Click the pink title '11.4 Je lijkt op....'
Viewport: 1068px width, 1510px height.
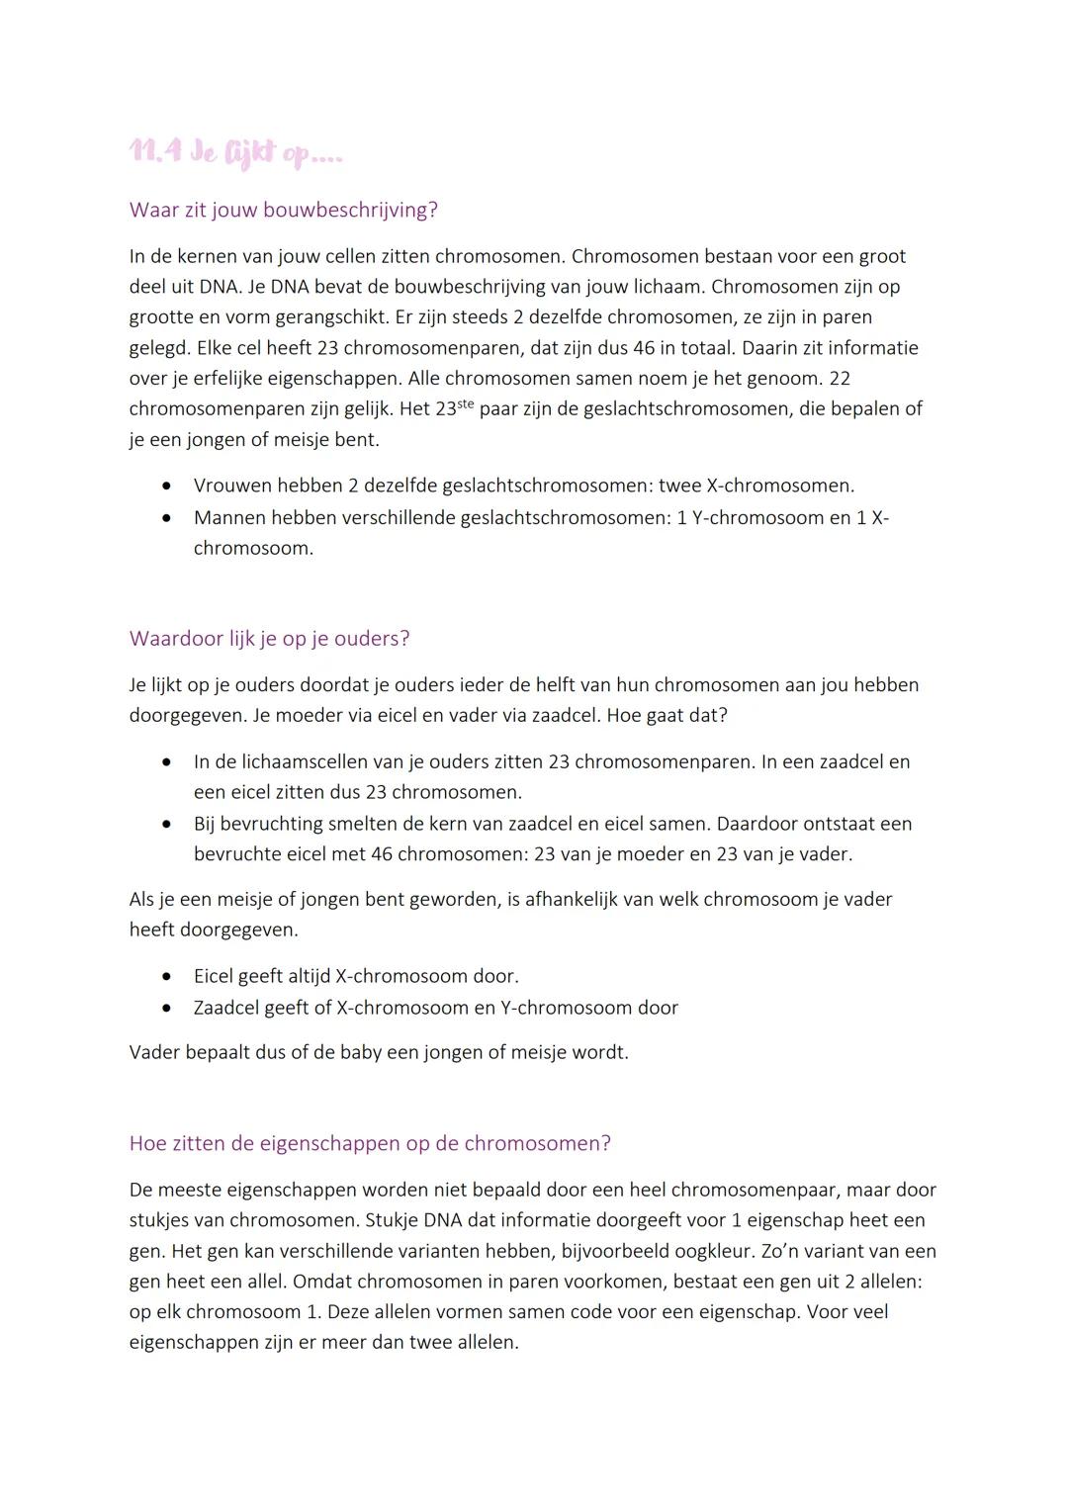tap(235, 153)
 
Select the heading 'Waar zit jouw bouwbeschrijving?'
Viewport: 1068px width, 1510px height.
tap(283, 210)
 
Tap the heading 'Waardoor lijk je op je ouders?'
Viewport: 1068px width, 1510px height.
tap(269, 638)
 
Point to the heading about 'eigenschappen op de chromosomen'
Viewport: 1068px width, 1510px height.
tap(370, 1143)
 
